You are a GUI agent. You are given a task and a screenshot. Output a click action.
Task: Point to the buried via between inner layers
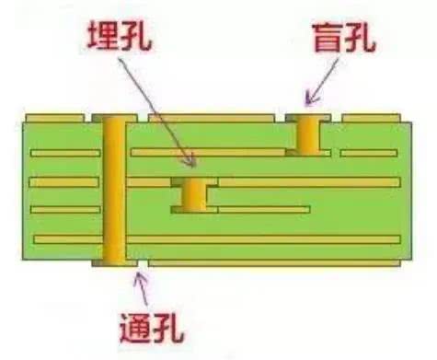click(x=194, y=194)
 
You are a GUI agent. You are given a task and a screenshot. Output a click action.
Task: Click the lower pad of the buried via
click(x=194, y=210)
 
